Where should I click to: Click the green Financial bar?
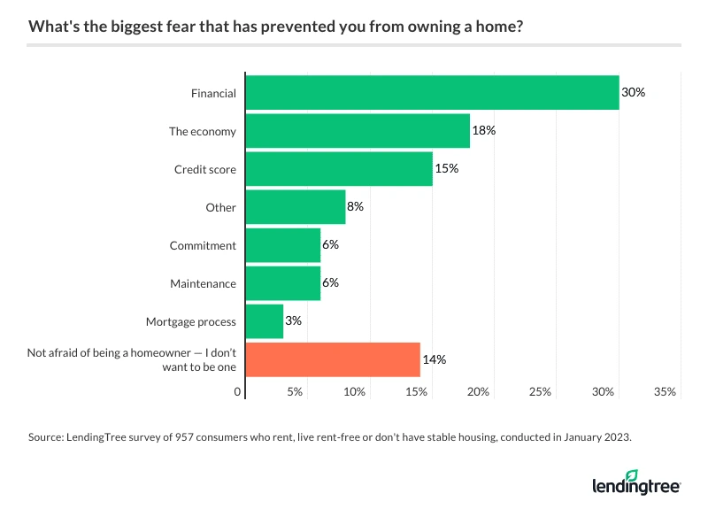(x=432, y=92)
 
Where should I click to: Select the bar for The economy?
(x=358, y=131)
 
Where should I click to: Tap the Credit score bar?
(x=339, y=168)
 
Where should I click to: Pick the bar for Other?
(x=296, y=207)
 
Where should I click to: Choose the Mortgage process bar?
(x=265, y=321)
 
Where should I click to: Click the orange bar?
(x=333, y=359)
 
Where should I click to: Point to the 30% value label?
(x=634, y=92)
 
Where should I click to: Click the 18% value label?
(x=483, y=131)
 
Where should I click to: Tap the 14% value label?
(x=434, y=359)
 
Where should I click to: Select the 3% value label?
(x=293, y=321)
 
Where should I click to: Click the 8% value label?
(x=355, y=207)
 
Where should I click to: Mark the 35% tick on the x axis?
(x=665, y=391)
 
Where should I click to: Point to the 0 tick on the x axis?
(x=238, y=391)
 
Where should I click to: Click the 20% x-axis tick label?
(x=479, y=391)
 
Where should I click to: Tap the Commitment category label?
(x=203, y=245)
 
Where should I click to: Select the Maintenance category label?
(x=203, y=283)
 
